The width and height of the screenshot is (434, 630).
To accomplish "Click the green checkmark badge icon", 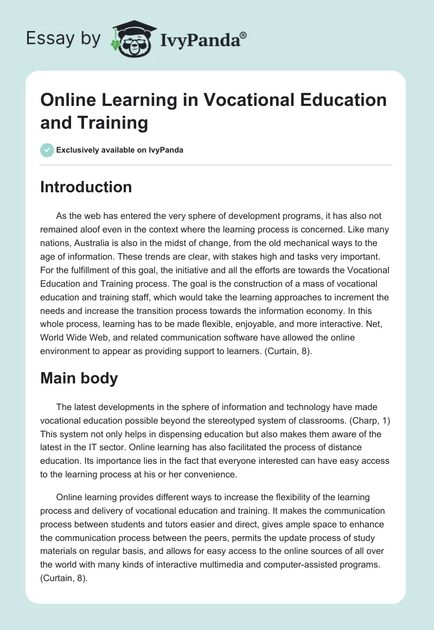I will click(47, 150).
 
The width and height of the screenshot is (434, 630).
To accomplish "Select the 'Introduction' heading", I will click(86, 187).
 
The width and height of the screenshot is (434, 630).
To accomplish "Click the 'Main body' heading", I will click(79, 378).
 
